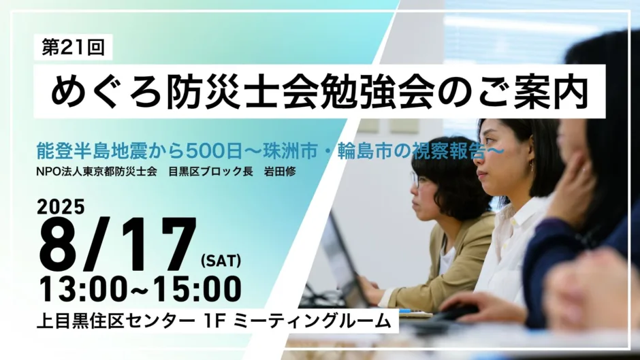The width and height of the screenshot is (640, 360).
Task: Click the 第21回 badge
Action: point(73,48)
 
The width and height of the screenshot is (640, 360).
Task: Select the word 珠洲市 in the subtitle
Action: point(290,151)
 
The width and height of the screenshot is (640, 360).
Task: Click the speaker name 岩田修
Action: point(280,171)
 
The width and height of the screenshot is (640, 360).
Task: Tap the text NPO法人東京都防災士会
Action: point(97,171)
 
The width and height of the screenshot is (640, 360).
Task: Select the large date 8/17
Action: point(117,244)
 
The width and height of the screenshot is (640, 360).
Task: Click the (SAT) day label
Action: point(221,261)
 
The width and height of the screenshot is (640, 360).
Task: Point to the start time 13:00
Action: point(83,289)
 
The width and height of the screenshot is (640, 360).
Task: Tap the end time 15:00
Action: point(197,289)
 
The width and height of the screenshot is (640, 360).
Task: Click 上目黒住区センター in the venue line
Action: point(116,321)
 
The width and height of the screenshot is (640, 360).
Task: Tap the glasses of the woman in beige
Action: point(415,180)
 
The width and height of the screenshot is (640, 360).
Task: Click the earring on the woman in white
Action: point(532,165)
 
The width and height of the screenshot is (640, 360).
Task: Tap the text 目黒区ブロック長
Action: point(210,171)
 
